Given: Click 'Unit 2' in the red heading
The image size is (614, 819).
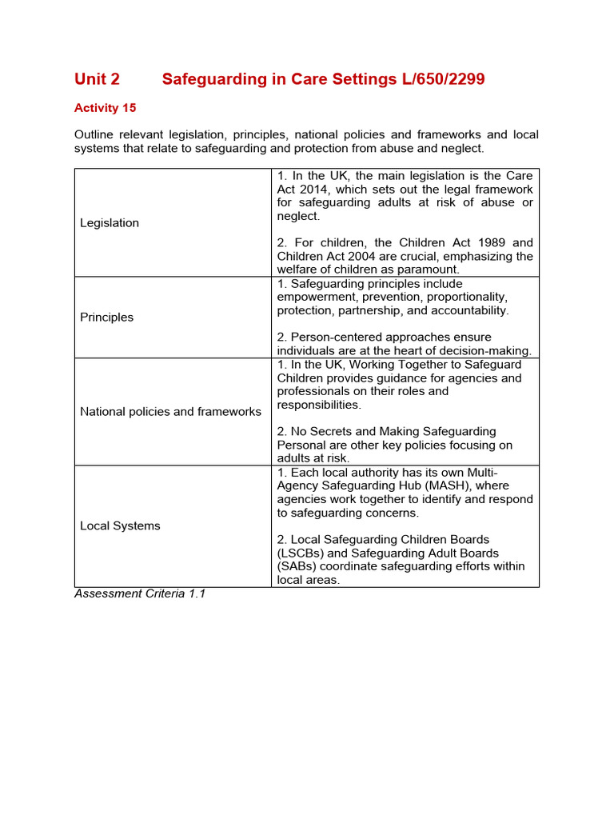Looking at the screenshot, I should coord(97,79).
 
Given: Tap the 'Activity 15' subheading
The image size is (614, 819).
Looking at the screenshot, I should coord(105,108).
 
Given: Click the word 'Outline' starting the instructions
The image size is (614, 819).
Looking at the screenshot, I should coord(95,135).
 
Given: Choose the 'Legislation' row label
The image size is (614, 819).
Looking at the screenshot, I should coord(110,223).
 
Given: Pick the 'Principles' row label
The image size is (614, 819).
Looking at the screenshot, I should coord(107,318).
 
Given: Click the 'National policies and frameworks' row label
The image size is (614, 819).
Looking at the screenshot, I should coord(170,412).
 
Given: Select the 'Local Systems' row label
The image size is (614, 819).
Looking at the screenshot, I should coord(120,526).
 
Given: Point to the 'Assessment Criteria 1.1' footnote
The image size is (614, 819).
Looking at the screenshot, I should coord(140,594).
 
